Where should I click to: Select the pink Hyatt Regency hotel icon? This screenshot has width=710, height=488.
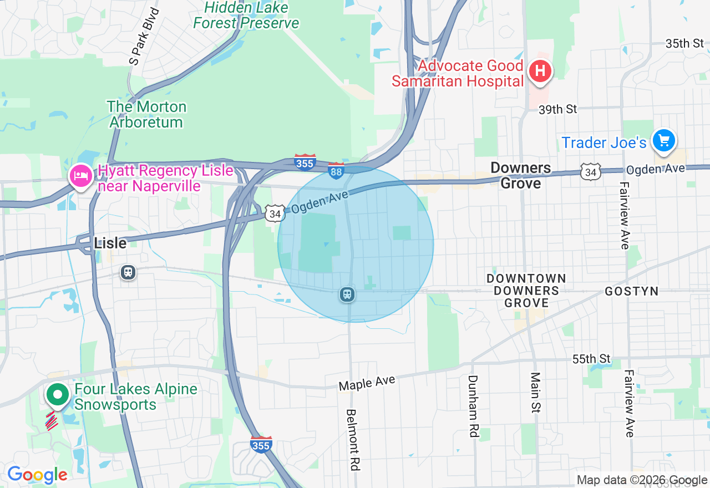(x=81, y=176)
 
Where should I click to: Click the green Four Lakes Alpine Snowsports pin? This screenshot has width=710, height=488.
(x=57, y=395)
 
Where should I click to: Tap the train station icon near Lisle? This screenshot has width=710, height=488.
(x=128, y=272)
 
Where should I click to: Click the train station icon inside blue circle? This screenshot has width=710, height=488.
(x=348, y=294)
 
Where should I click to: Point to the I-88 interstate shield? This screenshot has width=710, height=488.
(x=336, y=171)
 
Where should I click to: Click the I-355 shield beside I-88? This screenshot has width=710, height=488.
(x=305, y=162)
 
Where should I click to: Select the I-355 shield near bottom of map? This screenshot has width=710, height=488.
(x=261, y=445)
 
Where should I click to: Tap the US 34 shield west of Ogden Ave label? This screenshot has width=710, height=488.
(x=275, y=213)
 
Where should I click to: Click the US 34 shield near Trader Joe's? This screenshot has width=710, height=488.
(x=590, y=172)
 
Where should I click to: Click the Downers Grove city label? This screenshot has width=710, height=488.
(x=520, y=175)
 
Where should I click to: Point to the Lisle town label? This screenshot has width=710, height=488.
(x=110, y=243)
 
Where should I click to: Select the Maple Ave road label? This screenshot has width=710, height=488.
(x=367, y=383)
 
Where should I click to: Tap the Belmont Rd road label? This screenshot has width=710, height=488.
(x=352, y=440)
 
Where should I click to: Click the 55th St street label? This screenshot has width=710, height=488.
(x=591, y=359)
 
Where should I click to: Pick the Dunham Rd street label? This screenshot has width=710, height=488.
(x=473, y=406)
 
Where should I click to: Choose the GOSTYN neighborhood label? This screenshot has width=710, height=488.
(x=631, y=291)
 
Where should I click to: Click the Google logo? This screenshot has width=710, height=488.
(x=37, y=475)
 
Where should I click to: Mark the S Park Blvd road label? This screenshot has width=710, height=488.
(x=143, y=37)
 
